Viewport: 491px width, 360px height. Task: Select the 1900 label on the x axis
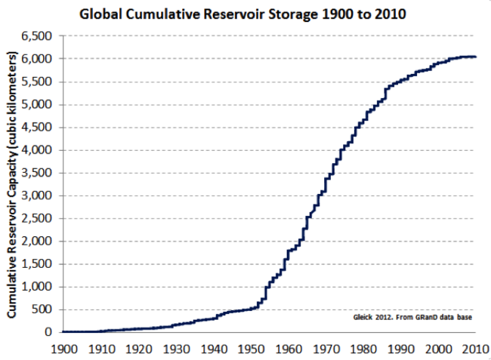[63, 349]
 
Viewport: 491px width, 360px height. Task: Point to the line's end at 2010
[475, 57]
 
